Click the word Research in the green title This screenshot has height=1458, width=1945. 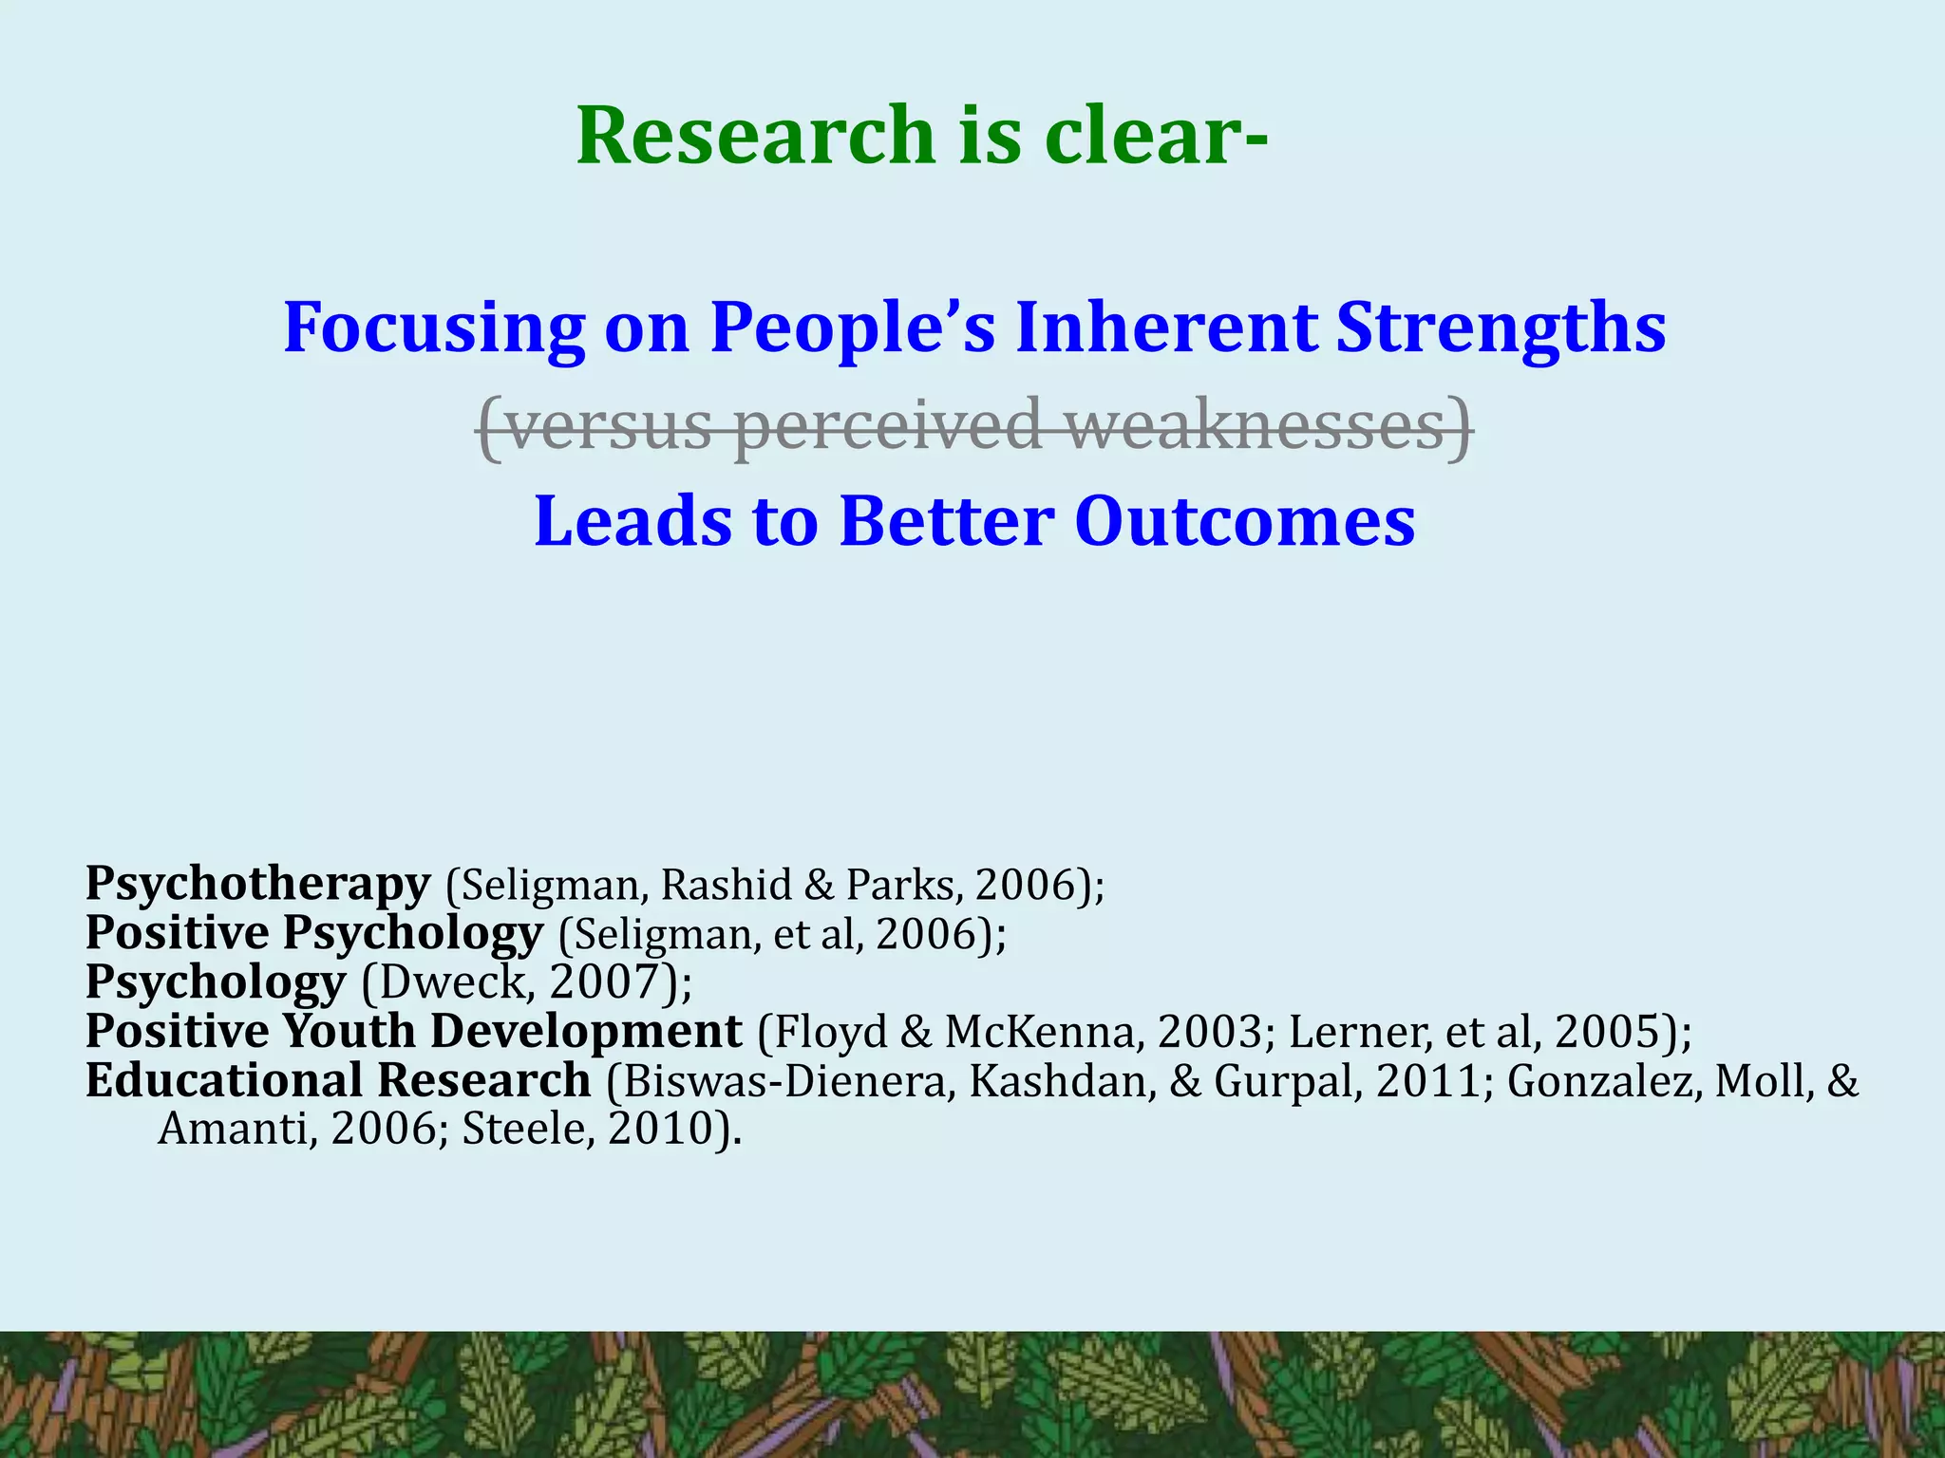tap(756, 136)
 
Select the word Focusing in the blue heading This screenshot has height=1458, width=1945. tap(434, 327)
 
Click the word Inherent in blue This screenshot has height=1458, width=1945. tap(1164, 327)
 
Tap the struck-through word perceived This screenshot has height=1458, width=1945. tap(887, 426)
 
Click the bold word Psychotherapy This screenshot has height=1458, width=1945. tap(257, 885)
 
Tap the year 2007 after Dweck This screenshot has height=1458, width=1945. tap(604, 982)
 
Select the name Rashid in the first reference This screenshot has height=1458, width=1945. tap(726, 885)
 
